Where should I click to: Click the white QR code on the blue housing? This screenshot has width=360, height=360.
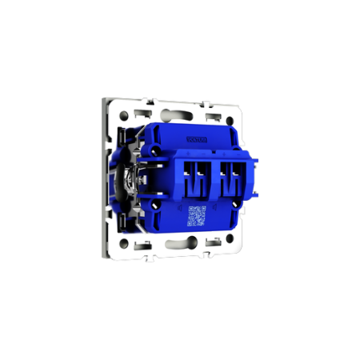coord(196,214)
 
